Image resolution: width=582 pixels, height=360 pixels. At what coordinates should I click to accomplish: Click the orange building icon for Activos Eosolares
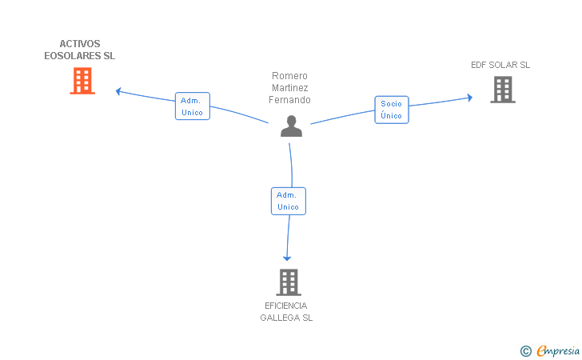(x=82, y=81)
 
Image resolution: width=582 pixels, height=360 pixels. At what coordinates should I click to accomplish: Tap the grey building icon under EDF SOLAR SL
(x=503, y=90)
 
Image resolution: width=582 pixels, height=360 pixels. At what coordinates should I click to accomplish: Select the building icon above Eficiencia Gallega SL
(x=289, y=282)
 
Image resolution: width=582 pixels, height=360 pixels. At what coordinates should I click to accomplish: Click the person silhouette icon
(x=291, y=126)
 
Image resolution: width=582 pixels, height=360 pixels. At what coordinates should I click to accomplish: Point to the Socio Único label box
(x=392, y=110)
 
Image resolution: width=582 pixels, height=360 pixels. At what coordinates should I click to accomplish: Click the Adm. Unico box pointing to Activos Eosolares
(x=192, y=106)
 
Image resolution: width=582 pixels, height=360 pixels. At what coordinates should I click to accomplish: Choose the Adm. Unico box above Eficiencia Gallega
(x=289, y=201)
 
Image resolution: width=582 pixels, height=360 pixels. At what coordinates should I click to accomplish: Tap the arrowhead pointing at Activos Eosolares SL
(x=118, y=91)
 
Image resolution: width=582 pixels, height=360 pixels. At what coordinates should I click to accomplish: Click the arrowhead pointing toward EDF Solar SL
(x=469, y=98)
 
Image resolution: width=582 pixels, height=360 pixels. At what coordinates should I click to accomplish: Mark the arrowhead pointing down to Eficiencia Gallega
(x=287, y=258)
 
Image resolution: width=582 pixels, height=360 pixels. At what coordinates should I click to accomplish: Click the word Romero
(x=289, y=76)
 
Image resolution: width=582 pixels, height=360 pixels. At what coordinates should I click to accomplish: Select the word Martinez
(x=289, y=88)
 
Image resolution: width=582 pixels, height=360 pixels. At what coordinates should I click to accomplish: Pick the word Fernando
(x=289, y=99)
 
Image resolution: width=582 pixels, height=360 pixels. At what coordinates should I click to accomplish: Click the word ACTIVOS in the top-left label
(x=80, y=44)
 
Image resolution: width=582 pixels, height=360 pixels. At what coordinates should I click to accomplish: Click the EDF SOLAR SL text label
(x=500, y=65)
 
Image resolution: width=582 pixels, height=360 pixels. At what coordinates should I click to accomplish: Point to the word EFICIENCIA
(x=286, y=306)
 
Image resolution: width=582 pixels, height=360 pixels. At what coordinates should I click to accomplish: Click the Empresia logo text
(x=558, y=351)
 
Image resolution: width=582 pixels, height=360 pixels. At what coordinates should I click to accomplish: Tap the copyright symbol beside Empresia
(x=526, y=351)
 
